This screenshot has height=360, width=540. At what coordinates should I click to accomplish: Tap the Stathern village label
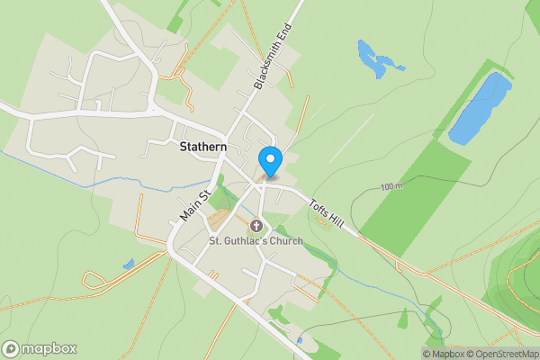tap(202, 147)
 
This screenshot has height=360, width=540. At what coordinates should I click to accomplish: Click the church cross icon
tap(256, 225)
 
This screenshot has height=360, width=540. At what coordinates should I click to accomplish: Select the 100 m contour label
tap(391, 187)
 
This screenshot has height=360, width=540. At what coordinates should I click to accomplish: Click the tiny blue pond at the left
tap(129, 264)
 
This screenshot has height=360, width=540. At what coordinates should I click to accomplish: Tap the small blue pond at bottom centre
tap(299, 340)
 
